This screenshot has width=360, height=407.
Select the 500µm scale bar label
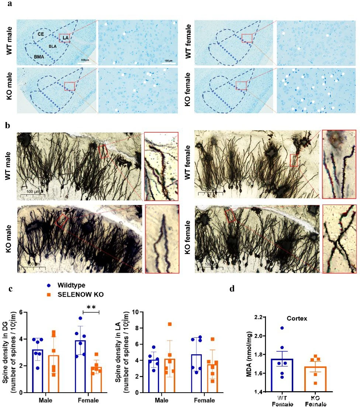(x=85, y=60)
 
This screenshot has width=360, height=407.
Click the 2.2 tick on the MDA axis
(x=258, y=317)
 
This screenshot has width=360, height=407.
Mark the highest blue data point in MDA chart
(x=282, y=328)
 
